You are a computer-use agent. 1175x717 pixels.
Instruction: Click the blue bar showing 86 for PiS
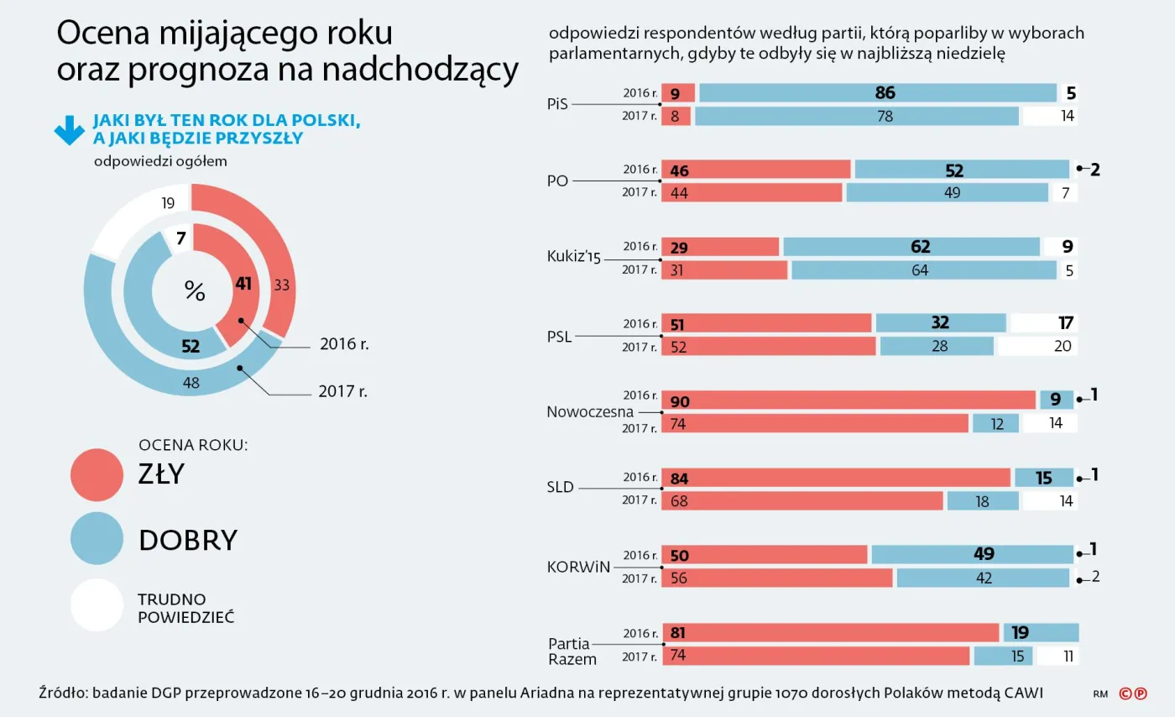(x=877, y=93)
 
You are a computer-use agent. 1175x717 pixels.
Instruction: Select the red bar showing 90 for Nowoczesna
(x=849, y=400)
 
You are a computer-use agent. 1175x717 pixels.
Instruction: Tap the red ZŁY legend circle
(x=97, y=474)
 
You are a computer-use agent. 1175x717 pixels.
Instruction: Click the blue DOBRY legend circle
(x=97, y=539)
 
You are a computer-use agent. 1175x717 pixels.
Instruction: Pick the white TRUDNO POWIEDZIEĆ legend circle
(x=97, y=604)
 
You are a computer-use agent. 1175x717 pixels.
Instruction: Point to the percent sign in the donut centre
(x=195, y=291)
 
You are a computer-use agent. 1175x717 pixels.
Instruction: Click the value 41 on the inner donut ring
(x=243, y=285)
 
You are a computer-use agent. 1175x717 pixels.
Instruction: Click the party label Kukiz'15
(x=574, y=258)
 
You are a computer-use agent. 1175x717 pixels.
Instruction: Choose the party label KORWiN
(x=577, y=566)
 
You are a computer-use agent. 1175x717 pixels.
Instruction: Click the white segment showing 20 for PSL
(x=1037, y=346)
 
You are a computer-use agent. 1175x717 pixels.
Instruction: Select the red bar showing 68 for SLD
(x=802, y=500)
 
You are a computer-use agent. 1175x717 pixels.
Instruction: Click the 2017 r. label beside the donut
(x=343, y=391)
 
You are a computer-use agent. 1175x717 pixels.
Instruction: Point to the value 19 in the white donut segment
(x=167, y=202)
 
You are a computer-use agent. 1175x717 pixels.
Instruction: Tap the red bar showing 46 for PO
(x=756, y=170)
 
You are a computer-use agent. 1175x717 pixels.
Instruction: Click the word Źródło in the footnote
(x=63, y=693)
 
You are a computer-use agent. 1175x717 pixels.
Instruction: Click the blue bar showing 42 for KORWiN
(x=984, y=578)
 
